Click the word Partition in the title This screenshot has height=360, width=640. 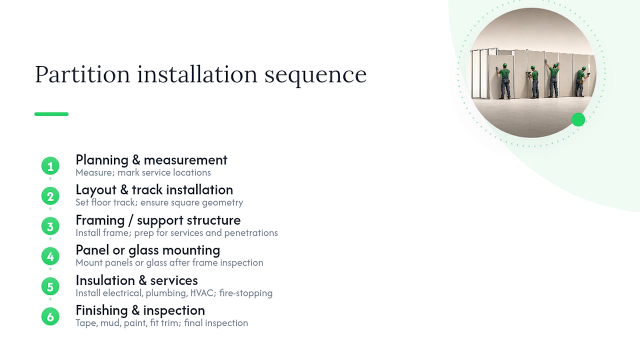[82, 74]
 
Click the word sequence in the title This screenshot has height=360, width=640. [315, 75]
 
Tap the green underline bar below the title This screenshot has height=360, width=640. [51, 114]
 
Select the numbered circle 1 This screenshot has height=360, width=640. [50, 166]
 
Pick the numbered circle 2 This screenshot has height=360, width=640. [50, 196]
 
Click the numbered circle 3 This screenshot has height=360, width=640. [50, 226]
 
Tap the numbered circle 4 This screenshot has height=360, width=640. [50, 256]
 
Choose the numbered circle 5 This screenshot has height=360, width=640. [50, 286]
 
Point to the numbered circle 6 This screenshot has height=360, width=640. [50, 316]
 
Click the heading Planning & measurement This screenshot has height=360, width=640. [151, 160]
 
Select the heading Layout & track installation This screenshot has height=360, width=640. [154, 190]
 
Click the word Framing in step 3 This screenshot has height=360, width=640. [100, 220]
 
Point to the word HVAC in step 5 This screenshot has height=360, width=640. [201, 293]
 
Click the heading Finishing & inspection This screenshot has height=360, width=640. [140, 310]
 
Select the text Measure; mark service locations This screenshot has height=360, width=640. [143, 173]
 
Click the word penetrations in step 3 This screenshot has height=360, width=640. [251, 233]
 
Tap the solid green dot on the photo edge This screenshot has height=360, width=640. [578, 119]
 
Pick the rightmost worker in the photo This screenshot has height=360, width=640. [581, 82]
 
